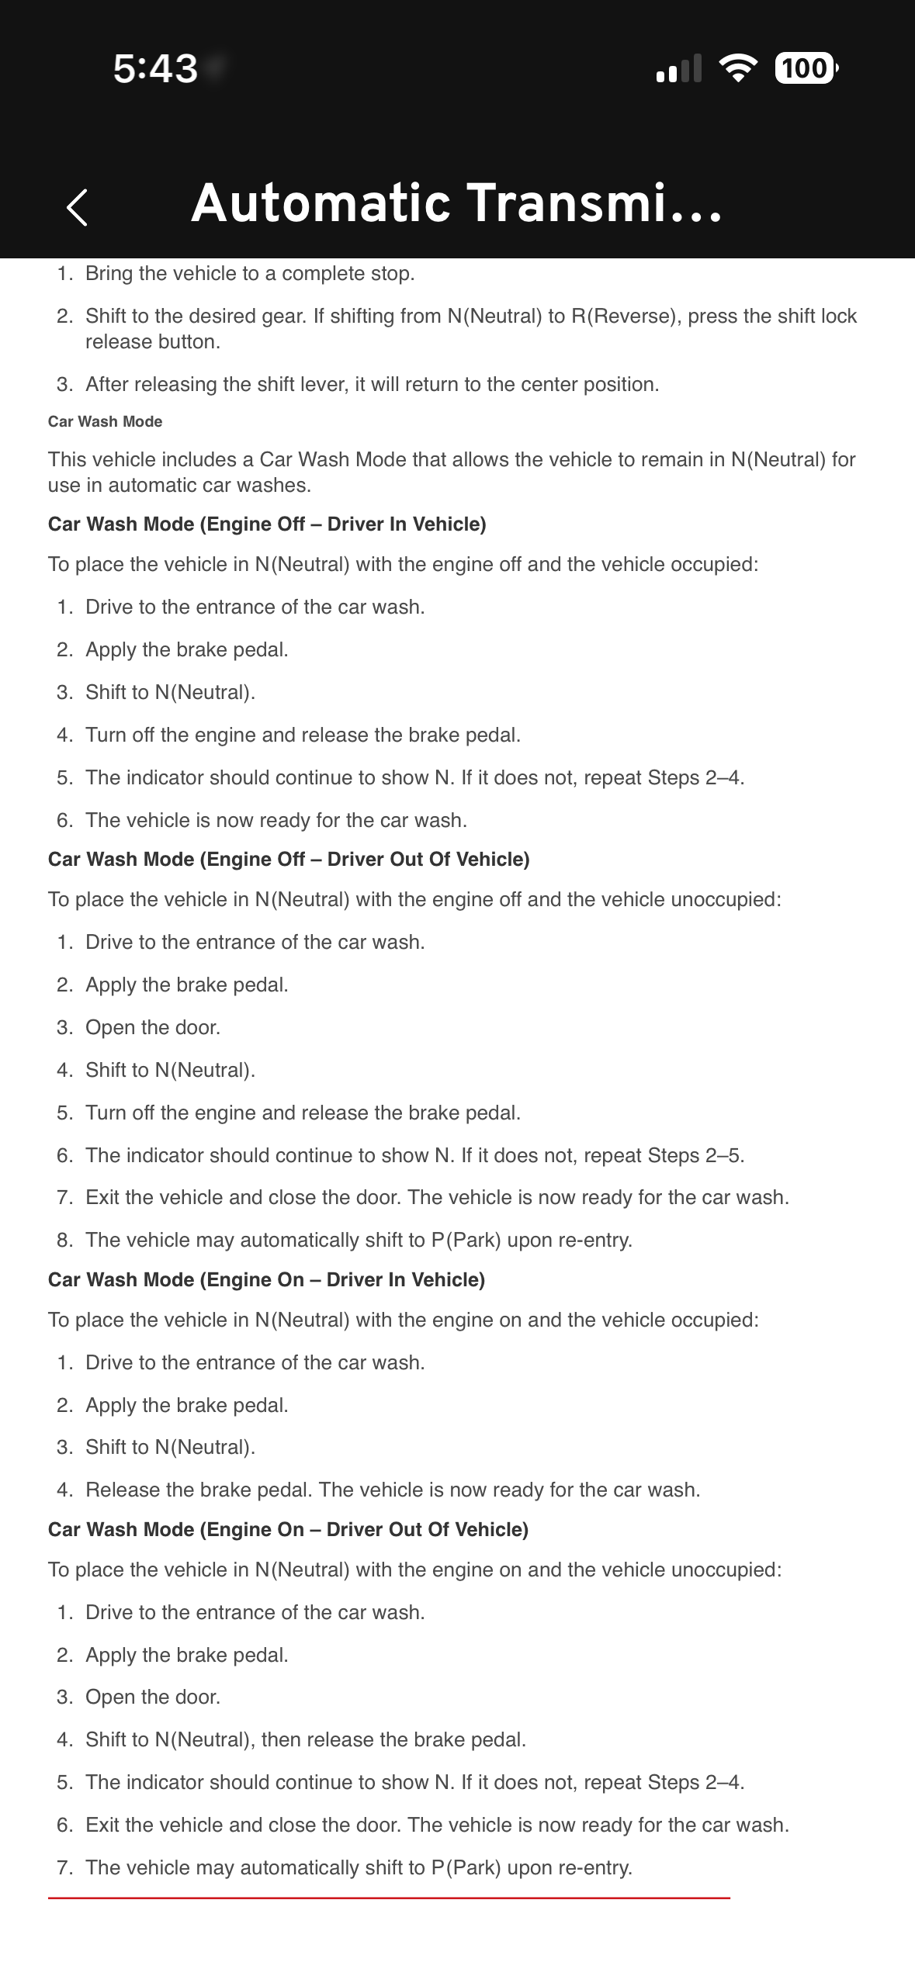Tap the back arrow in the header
(77, 207)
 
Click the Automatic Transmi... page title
(456, 203)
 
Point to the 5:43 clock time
(155, 69)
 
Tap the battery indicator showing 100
(805, 68)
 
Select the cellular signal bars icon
(678, 69)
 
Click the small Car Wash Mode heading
(105, 421)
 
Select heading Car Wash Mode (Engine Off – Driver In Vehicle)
(267, 524)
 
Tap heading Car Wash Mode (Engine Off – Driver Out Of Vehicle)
(289, 860)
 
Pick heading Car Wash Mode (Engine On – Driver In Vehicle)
(266, 1280)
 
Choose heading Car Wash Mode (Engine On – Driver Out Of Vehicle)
(288, 1530)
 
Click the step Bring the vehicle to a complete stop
(250, 273)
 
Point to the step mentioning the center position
(372, 385)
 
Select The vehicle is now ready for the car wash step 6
(276, 821)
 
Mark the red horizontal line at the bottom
(389, 1898)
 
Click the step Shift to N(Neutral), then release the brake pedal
(306, 1740)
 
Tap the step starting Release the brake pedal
(393, 1490)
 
